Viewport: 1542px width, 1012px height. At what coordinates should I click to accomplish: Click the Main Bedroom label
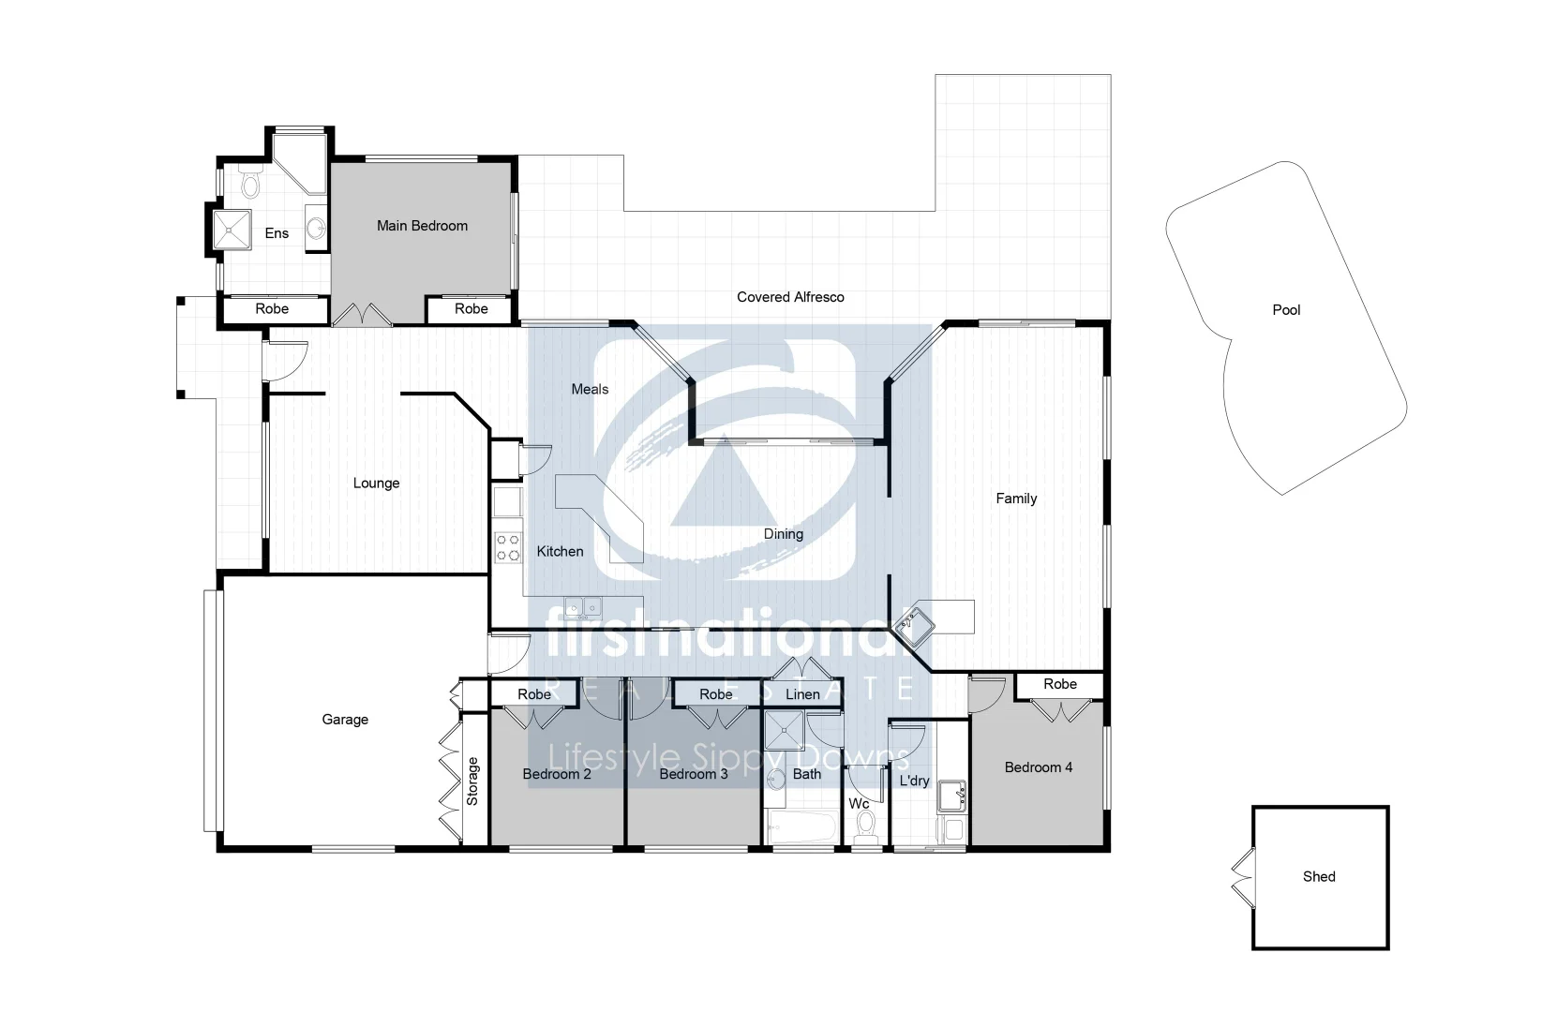(422, 226)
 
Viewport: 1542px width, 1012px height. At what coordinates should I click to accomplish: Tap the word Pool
(1286, 310)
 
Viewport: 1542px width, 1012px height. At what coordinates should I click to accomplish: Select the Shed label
(1319, 877)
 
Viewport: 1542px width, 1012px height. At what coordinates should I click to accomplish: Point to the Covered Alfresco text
(790, 297)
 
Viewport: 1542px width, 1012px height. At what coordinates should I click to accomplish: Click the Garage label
(345, 720)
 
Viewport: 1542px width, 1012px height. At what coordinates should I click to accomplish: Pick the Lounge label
(376, 484)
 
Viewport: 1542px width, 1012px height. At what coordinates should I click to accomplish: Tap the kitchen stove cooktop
(508, 548)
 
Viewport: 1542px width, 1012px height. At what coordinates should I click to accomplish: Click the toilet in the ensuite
(250, 182)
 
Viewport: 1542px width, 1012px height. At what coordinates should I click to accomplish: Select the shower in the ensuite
(232, 231)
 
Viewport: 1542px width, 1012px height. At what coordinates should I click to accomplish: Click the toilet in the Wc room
(866, 826)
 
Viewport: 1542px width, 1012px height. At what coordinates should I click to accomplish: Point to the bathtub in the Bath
(801, 828)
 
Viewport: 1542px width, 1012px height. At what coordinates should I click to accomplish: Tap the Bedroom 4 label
(1038, 767)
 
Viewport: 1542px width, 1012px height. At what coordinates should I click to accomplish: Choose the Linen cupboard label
(802, 694)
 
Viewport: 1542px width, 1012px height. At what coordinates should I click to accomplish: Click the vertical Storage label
(472, 781)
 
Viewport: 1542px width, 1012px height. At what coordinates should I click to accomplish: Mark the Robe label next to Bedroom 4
(1060, 684)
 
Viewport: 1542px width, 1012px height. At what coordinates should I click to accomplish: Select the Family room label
(1016, 499)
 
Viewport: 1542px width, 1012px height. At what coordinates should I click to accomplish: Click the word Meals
(590, 389)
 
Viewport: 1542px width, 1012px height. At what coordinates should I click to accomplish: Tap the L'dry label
(914, 781)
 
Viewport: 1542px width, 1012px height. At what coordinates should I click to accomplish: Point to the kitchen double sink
(583, 608)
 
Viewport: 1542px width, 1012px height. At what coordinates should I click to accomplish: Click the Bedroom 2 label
(557, 774)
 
